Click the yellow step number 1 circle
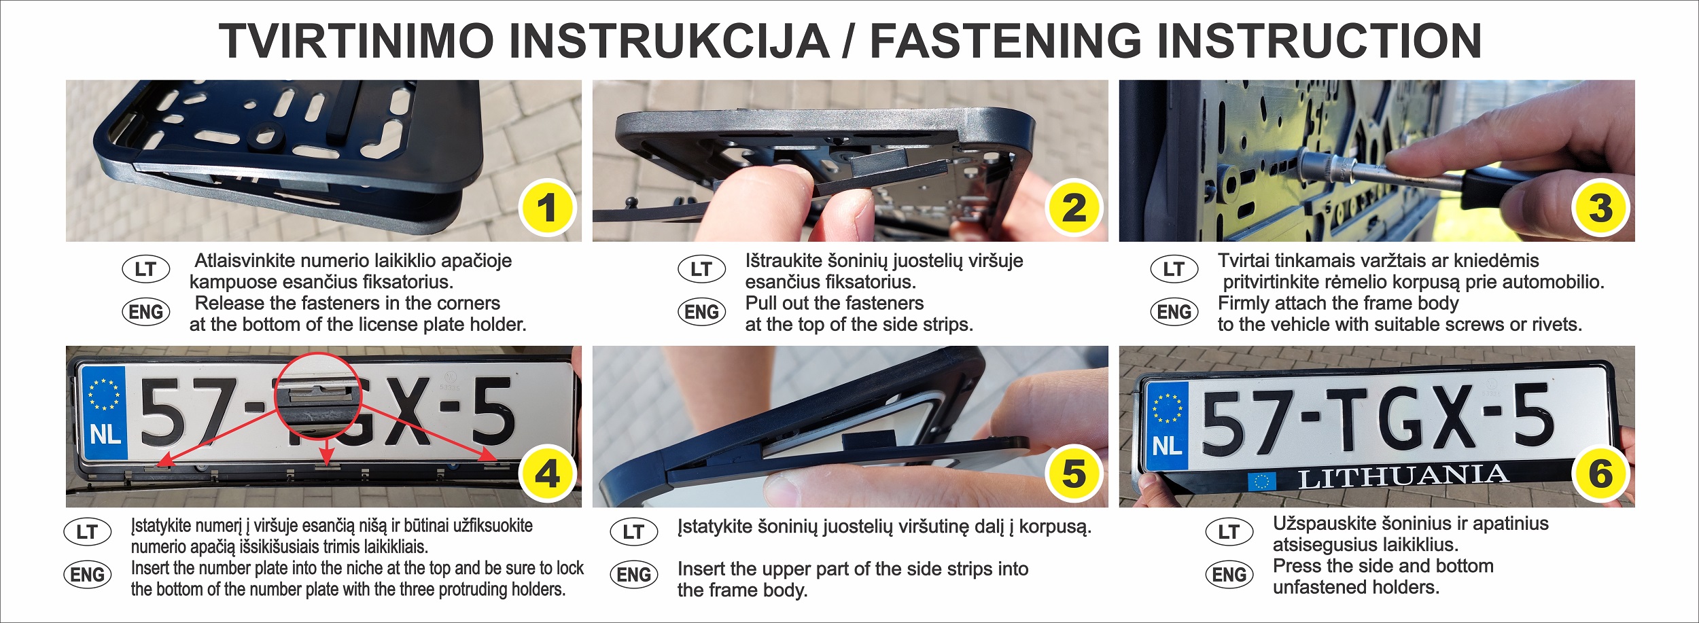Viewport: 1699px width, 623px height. coord(547,208)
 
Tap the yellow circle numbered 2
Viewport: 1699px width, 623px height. coord(1074,208)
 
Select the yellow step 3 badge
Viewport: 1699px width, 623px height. coord(1600,208)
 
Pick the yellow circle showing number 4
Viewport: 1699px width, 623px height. coord(547,474)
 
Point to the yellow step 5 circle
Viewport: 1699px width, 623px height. coord(1074,474)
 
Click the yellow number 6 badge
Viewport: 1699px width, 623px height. coord(1600,474)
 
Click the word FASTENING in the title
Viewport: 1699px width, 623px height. coord(1006,41)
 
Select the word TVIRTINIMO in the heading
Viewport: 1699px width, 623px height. coord(356,41)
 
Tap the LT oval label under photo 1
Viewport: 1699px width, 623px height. coord(145,269)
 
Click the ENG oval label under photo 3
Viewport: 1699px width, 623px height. coord(1174,312)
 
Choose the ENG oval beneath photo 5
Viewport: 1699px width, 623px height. coord(633,575)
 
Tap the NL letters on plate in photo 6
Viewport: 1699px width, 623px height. coord(1167,446)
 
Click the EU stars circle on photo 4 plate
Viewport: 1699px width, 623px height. coord(104,395)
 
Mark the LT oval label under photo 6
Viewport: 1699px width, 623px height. coord(1229,532)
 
